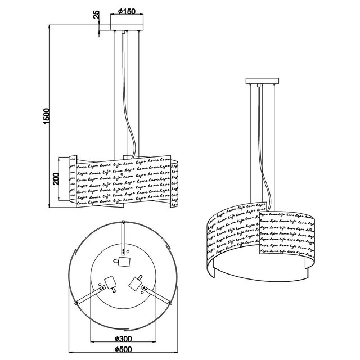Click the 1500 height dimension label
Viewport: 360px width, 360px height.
coord(47,116)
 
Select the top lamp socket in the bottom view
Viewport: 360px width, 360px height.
coord(123,262)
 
